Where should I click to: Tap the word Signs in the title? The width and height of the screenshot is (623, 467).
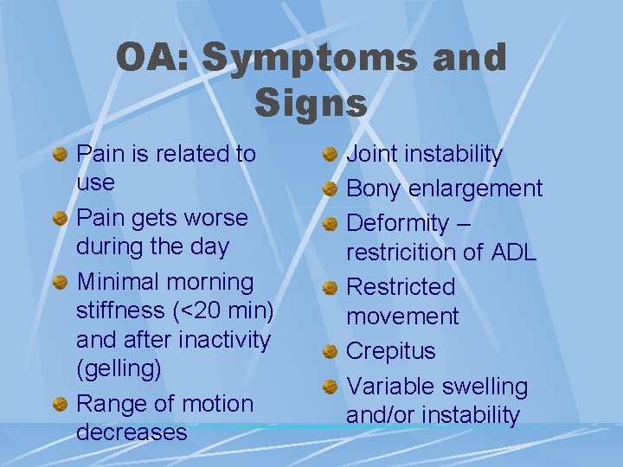(311, 103)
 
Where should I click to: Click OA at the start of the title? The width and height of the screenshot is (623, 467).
(152, 58)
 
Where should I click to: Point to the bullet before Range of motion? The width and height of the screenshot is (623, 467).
(60, 405)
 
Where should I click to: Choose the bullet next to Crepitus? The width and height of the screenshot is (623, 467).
(330, 352)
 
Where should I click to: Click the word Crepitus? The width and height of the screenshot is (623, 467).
(390, 351)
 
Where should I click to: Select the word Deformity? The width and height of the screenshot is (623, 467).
(397, 223)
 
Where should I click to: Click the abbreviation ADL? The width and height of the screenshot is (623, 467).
(513, 253)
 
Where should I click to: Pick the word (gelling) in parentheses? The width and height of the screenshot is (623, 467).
(119, 369)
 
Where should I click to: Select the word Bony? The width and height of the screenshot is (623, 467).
(374, 189)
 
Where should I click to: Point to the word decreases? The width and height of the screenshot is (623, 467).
(132, 432)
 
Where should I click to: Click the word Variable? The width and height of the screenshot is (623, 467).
(390, 387)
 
